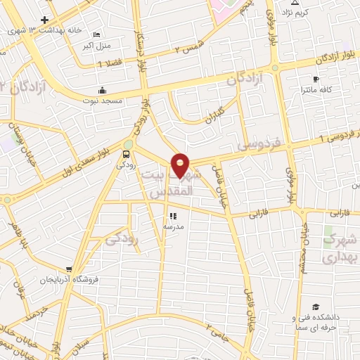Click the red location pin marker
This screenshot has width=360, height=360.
[181, 165]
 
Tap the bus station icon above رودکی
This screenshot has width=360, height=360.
[127, 154]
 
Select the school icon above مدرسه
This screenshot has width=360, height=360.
[172, 217]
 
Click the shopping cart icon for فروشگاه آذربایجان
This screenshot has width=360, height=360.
[68, 269]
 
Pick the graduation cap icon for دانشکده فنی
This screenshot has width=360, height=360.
[316, 307]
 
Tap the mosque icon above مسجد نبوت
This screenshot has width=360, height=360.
[103, 90]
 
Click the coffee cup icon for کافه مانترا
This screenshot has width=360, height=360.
[316, 79]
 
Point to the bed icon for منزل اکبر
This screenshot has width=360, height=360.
[97, 35]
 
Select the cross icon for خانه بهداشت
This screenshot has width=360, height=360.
[45, 20]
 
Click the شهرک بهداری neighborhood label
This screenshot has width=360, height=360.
[340, 249]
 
